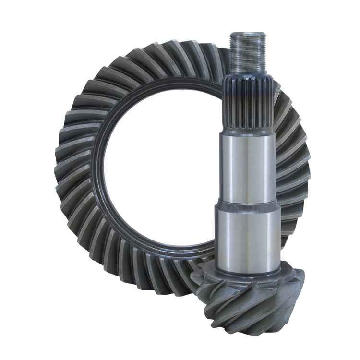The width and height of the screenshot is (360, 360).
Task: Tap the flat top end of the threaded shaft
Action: pos(245,34)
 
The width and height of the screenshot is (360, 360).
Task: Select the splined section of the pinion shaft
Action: pos(247,103)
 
